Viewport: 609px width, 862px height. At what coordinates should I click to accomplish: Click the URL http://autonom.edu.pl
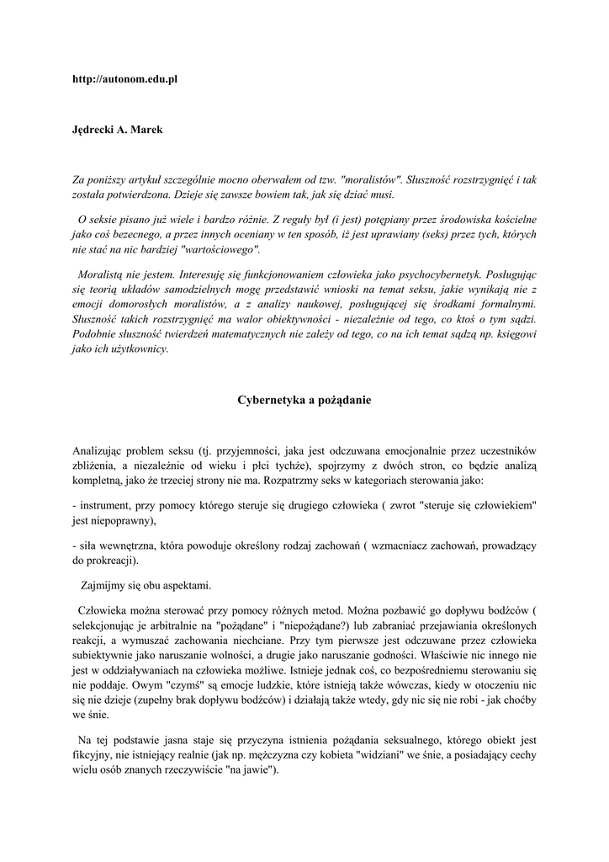click(124, 79)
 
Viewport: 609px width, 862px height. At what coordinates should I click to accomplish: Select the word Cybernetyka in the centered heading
click(270, 400)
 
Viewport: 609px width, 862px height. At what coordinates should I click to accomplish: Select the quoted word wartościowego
click(218, 249)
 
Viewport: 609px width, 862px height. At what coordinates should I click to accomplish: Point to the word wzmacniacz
click(402, 546)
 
